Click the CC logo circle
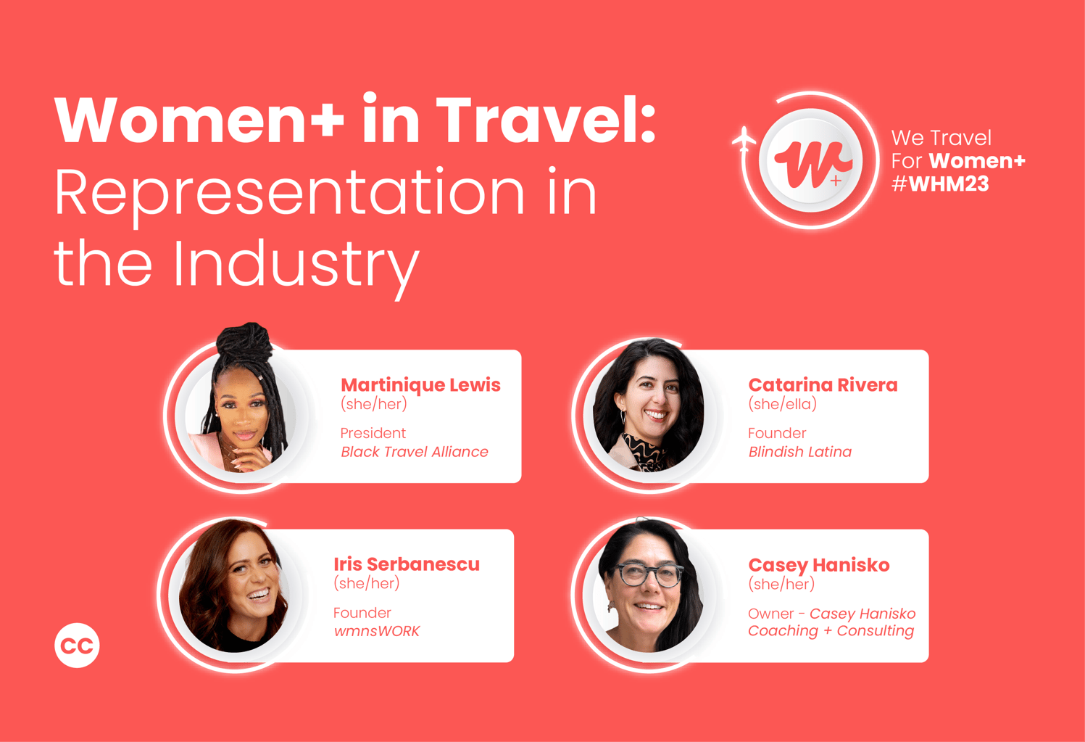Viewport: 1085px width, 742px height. [x=77, y=645]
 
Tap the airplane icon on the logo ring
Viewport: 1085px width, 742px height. [x=744, y=139]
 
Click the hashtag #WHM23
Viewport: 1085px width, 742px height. [x=940, y=184]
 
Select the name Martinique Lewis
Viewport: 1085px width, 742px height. [x=420, y=384]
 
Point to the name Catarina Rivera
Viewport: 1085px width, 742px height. [x=823, y=384]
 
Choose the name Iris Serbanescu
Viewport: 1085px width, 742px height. [x=407, y=564]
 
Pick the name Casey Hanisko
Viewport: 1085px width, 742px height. [x=818, y=564]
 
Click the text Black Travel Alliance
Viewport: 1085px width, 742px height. [x=415, y=452]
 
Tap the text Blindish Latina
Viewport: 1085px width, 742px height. [x=799, y=452]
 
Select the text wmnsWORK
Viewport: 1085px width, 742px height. [x=376, y=631]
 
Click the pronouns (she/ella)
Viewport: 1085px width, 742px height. [x=782, y=404]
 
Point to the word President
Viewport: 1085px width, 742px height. [x=373, y=433]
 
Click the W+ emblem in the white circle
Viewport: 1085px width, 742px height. [x=811, y=161]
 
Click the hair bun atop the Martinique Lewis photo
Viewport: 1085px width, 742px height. [x=246, y=340]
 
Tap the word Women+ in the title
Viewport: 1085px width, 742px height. [x=199, y=120]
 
